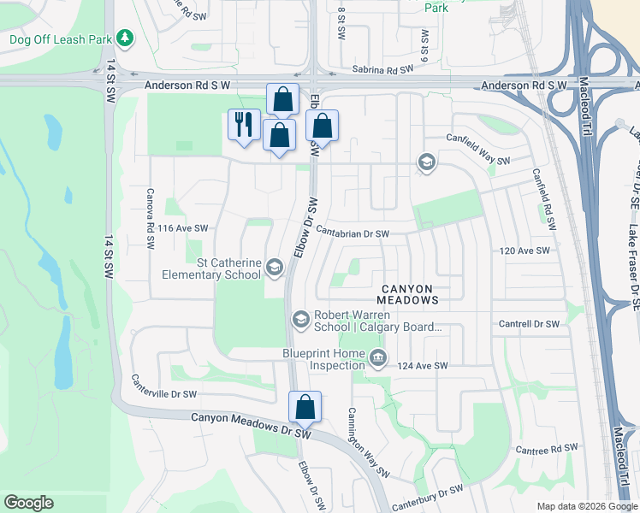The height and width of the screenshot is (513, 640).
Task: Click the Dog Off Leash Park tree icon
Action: pos(125,38)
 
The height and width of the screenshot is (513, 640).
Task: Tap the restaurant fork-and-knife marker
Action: pos(244,125)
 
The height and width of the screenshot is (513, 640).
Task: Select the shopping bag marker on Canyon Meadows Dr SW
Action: pos(305,407)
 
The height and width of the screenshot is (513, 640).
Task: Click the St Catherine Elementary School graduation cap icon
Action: pos(275,268)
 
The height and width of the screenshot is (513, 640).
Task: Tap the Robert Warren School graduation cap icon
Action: pos(300,320)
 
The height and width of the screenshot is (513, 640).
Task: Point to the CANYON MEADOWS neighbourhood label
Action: pos(409,295)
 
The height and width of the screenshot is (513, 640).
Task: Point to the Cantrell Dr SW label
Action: pos(529,325)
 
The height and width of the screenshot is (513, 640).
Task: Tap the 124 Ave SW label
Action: pos(423,366)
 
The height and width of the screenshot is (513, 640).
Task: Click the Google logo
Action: pos(29,503)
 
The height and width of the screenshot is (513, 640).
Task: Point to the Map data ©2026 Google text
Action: pos(586,506)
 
